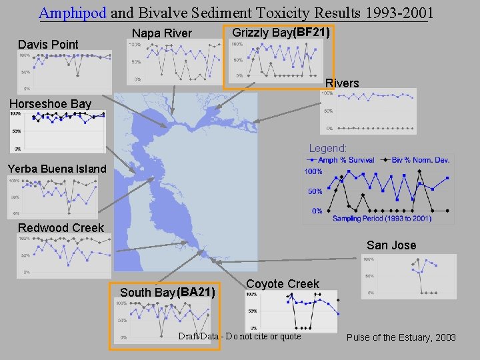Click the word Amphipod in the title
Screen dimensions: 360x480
(73, 12)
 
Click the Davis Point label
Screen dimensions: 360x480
(48, 45)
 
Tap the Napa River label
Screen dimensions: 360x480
(162, 33)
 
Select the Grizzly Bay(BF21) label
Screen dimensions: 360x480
(281, 32)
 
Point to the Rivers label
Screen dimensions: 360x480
(342, 83)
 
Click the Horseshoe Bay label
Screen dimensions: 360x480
(50, 104)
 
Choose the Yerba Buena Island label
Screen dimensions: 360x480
(57, 169)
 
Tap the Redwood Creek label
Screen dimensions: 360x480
(61, 228)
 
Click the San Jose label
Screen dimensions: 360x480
(391, 245)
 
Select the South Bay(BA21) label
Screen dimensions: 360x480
(167, 292)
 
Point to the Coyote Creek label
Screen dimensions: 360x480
(283, 284)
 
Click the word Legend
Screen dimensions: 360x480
(327, 148)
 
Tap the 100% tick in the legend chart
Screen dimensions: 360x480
(313, 172)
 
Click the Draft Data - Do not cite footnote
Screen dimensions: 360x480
(239, 336)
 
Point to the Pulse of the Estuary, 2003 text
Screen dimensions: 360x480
(401, 337)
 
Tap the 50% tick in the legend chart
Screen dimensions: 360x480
(315, 191)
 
